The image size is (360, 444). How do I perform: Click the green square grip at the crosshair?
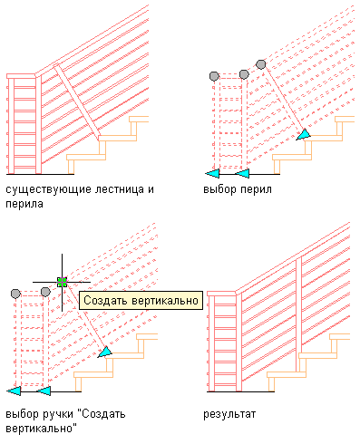click(62, 282)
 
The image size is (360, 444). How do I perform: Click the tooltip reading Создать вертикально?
click(141, 300)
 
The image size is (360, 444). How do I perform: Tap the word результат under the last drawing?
click(229, 414)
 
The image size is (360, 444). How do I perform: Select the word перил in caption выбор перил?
click(257, 190)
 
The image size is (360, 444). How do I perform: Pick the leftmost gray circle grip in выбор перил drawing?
click(214, 76)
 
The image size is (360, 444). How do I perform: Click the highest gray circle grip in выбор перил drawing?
click(261, 64)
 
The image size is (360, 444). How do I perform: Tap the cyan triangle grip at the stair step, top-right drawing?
click(304, 135)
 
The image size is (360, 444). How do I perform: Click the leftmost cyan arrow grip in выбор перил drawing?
click(212, 174)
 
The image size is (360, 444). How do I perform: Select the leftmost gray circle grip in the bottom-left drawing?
click(15, 294)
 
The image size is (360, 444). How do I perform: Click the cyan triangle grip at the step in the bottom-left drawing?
click(105, 352)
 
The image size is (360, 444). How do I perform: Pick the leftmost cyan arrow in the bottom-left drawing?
click(14, 391)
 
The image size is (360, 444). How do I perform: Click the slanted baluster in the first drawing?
click(77, 102)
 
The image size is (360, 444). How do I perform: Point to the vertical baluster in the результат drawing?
click(298, 314)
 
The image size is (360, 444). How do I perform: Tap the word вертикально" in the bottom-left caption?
click(41, 429)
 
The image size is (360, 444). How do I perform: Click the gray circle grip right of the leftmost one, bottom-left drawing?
click(45, 292)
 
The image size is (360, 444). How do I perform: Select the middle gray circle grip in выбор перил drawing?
click(244, 74)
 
